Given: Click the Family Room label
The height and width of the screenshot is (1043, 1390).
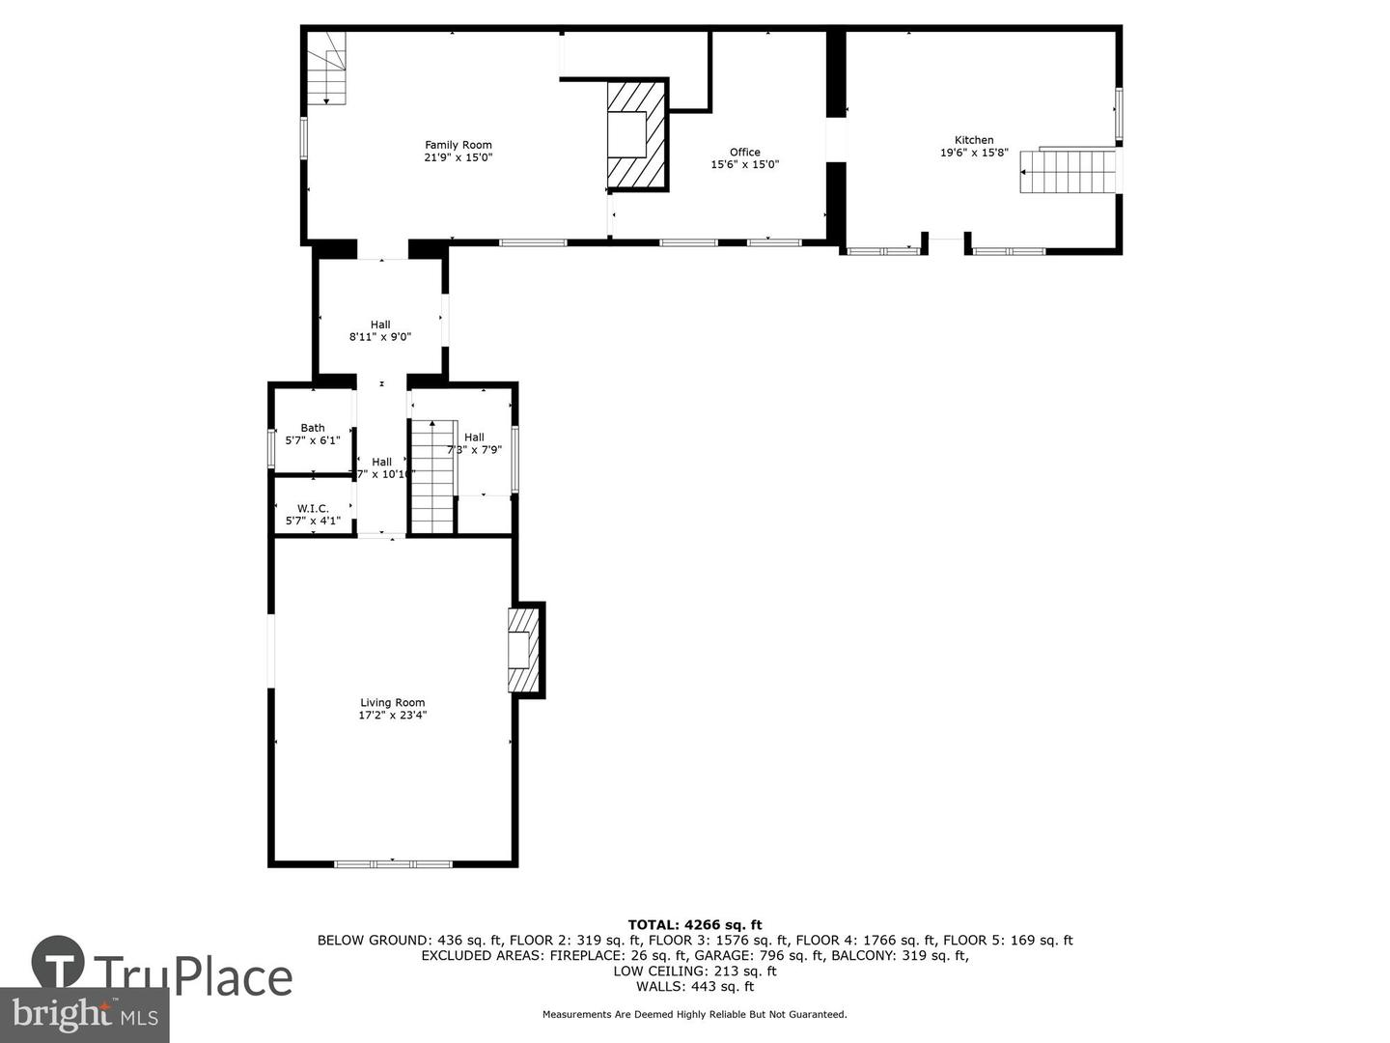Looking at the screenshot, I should click(459, 152).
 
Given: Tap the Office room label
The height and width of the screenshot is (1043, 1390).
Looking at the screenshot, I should click(744, 158).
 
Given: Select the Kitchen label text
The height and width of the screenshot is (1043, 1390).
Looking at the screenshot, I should click(974, 146).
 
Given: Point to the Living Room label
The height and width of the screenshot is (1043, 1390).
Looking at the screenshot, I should click(392, 709).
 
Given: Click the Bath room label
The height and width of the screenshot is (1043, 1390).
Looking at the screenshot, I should click(313, 434).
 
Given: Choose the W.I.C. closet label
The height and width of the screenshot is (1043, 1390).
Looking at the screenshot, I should click(313, 515).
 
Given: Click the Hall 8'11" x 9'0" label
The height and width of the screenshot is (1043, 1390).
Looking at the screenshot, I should click(380, 331).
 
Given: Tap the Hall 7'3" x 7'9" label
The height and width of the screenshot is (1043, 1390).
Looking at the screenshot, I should click(474, 443).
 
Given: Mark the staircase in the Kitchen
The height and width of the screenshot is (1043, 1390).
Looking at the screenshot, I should click(1068, 171).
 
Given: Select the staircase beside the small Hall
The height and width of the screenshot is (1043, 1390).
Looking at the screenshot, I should click(432, 476).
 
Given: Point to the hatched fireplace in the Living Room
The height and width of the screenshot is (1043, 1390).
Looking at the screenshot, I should click(523, 649).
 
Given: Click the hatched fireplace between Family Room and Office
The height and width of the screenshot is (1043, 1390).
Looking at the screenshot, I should click(636, 134).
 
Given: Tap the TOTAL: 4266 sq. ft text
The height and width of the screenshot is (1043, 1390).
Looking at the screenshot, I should click(695, 924).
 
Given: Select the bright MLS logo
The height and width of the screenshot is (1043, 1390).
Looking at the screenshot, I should click(85, 1014).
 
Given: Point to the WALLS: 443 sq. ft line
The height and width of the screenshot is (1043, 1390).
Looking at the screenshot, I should click(695, 986).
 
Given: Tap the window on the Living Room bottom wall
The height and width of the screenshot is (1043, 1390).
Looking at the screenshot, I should click(393, 863).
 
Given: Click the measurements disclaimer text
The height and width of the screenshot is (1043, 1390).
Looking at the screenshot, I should click(695, 1014).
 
